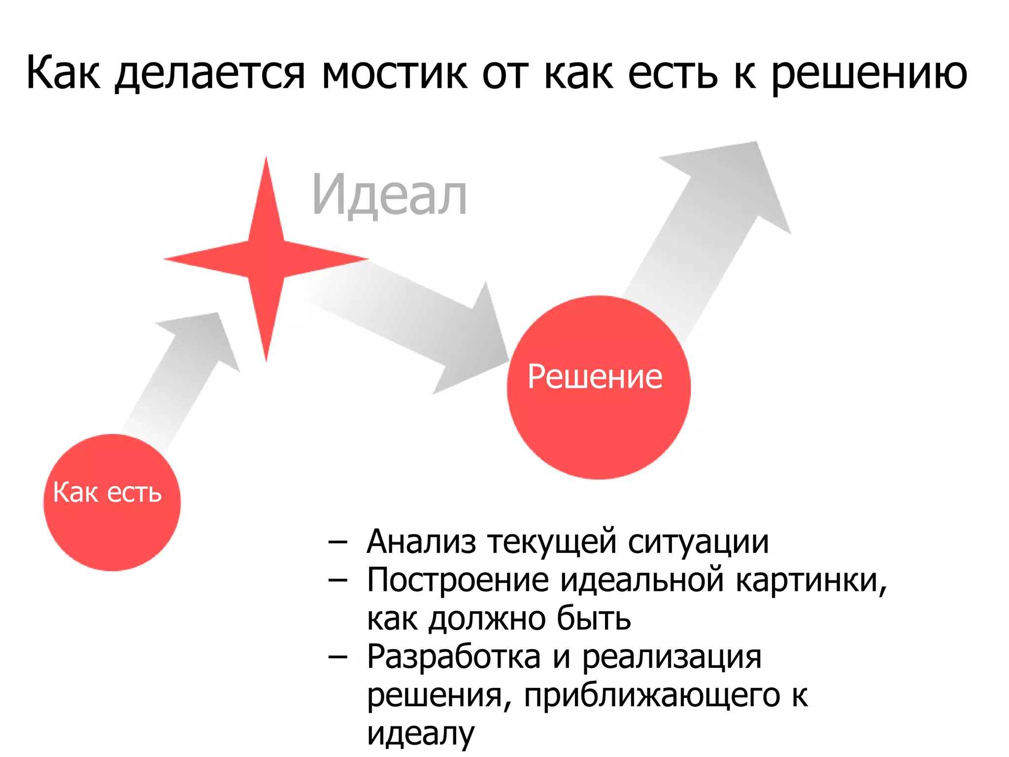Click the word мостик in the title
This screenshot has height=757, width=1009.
[394, 74]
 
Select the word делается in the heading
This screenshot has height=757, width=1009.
[210, 74]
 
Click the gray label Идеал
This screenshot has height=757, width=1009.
[389, 196]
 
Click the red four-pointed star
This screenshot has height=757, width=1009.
[266, 259]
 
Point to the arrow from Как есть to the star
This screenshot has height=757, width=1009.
[187, 375]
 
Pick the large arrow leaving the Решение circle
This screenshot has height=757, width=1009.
[709, 222]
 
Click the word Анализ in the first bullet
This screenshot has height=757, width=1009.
[421, 542]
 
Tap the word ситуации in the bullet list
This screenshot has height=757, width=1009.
[698, 543]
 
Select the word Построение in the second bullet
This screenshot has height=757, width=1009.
[458, 580]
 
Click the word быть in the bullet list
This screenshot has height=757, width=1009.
[594, 619]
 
